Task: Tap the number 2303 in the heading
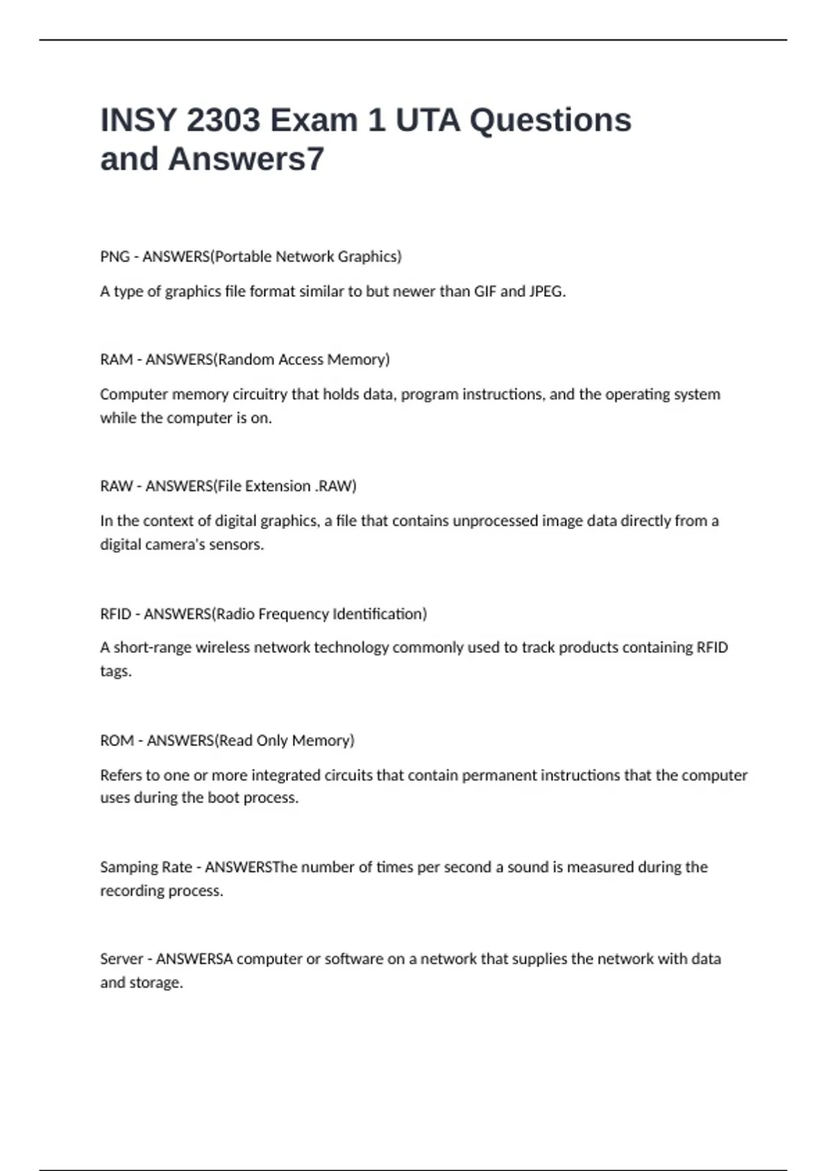[x=223, y=121]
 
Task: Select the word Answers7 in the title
[x=246, y=159]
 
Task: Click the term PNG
[x=114, y=256]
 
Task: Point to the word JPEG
[x=547, y=291]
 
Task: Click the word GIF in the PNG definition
[x=485, y=291]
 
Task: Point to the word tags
[x=115, y=671]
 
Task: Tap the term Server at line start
[x=121, y=959]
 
